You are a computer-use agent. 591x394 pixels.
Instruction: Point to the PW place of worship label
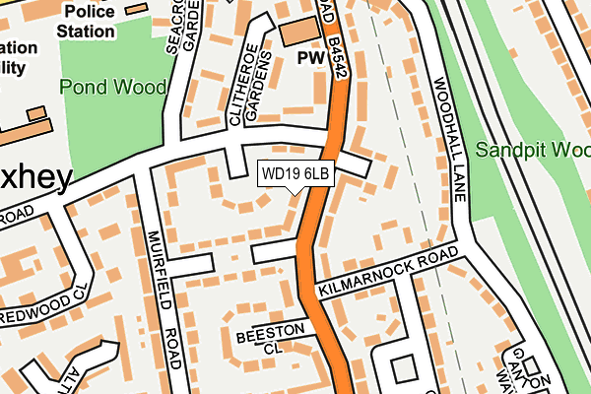point(311,59)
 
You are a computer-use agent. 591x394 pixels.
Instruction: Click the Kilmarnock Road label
point(388,274)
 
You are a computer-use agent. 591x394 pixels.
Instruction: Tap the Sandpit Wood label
point(532,151)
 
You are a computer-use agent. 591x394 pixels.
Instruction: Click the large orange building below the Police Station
point(25,129)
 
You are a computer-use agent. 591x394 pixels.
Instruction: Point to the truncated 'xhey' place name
point(36,178)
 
